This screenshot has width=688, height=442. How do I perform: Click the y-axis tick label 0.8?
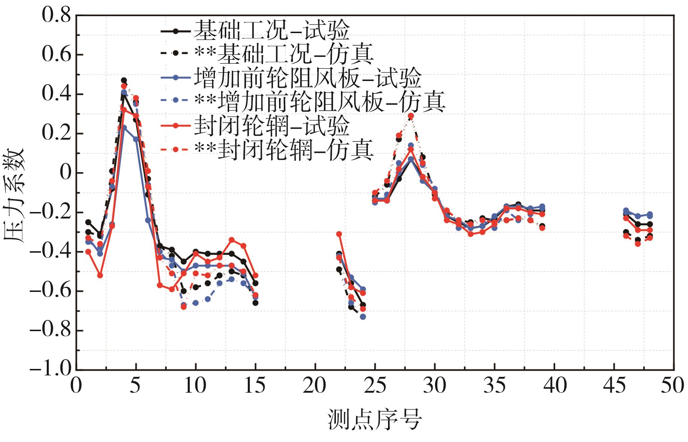pyautogui.click(x=56, y=15)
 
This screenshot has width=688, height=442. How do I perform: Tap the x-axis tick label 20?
pyautogui.click(x=315, y=386)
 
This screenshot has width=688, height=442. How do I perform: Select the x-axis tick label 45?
pyautogui.click(x=614, y=386)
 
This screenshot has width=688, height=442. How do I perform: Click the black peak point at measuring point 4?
pyautogui.click(x=124, y=81)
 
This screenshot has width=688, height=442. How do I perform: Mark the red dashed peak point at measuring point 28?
pyautogui.click(x=411, y=116)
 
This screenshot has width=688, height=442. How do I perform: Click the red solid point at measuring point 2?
pyautogui.click(x=100, y=275)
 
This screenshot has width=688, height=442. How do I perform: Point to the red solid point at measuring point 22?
pyautogui.click(x=339, y=234)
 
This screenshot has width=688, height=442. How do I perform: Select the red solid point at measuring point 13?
pyautogui.click(x=232, y=240)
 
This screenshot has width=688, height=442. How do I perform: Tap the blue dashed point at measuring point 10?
pyautogui.click(x=196, y=303)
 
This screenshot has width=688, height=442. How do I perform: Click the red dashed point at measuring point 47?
pyautogui.click(x=638, y=244)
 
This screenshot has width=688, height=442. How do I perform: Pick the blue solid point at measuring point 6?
pyautogui.click(x=148, y=220)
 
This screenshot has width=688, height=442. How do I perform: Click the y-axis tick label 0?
pyautogui.click(x=66, y=173)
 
